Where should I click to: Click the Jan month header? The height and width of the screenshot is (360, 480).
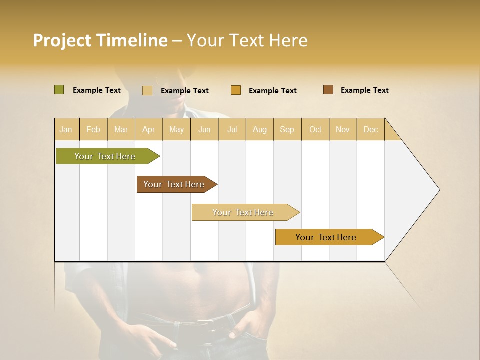[66, 130]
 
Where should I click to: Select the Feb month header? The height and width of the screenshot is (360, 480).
[93, 130]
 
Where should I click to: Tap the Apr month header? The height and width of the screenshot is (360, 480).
[149, 130]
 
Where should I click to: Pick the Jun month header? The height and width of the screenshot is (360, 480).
[204, 130]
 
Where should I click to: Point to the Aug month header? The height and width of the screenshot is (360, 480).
[260, 130]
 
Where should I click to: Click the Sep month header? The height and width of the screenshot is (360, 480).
[287, 130]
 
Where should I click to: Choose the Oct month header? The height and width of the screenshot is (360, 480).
[315, 130]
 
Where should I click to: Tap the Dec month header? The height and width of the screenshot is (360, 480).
[371, 130]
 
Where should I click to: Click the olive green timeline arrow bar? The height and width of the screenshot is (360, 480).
[105, 156]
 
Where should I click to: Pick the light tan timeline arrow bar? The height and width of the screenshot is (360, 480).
[243, 212]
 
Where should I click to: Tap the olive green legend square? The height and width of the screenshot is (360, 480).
[59, 90]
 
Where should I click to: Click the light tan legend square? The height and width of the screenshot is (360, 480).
[147, 90]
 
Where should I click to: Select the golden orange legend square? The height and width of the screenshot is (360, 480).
[236, 90]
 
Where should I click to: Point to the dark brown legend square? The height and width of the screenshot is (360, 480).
[328, 90]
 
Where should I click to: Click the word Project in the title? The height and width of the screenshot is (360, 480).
[62, 40]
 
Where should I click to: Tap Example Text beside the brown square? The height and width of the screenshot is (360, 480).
[364, 90]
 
